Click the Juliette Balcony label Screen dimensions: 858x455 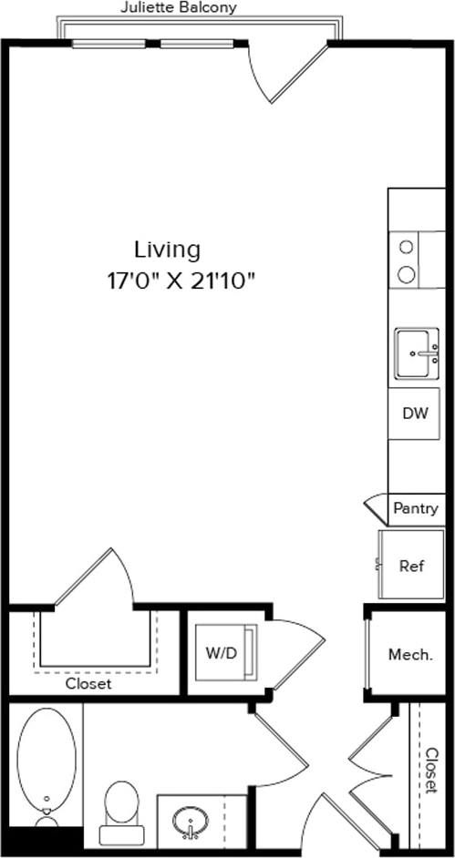(179, 8)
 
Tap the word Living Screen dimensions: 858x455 (167, 249)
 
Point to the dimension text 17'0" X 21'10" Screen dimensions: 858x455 (180, 280)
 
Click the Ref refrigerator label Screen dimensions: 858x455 (411, 566)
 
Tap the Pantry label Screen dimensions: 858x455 (415, 508)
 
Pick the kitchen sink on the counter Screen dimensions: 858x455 (417, 353)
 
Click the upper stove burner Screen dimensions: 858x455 (407, 246)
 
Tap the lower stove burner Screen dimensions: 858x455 (407, 273)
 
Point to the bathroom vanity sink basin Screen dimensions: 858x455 (191, 822)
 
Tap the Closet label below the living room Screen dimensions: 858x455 (88, 683)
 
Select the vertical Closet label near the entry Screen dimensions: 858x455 (431, 771)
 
